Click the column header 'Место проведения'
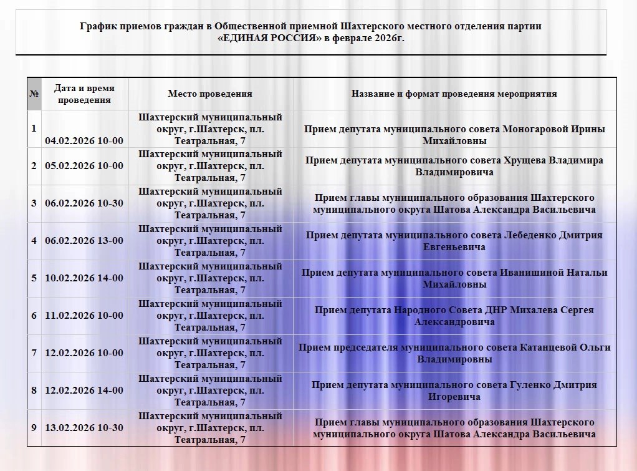[210, 94]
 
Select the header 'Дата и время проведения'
[84, 94]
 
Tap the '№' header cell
[34, 94]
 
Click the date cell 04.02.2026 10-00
[84, 140]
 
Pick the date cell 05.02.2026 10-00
[84, 166]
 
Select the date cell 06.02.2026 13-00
[84, 241]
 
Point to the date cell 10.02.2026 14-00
[84, 278]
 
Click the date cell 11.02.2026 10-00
[84, 316]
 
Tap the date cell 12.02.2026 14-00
[84, 391]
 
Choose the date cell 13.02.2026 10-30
[84, 428]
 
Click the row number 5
[34, 278]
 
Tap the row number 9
[34, 428]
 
